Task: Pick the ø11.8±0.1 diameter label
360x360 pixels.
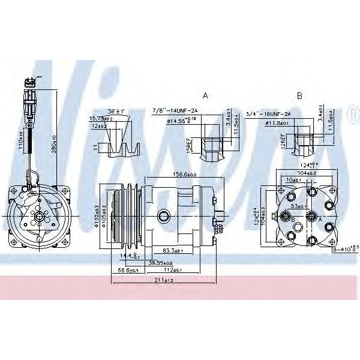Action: tap(276, 124)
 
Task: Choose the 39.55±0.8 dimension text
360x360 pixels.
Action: tap(144, 263)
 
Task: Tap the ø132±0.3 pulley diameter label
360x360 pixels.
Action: tap(98, 215)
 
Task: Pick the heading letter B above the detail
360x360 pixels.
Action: tap(299, 96)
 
